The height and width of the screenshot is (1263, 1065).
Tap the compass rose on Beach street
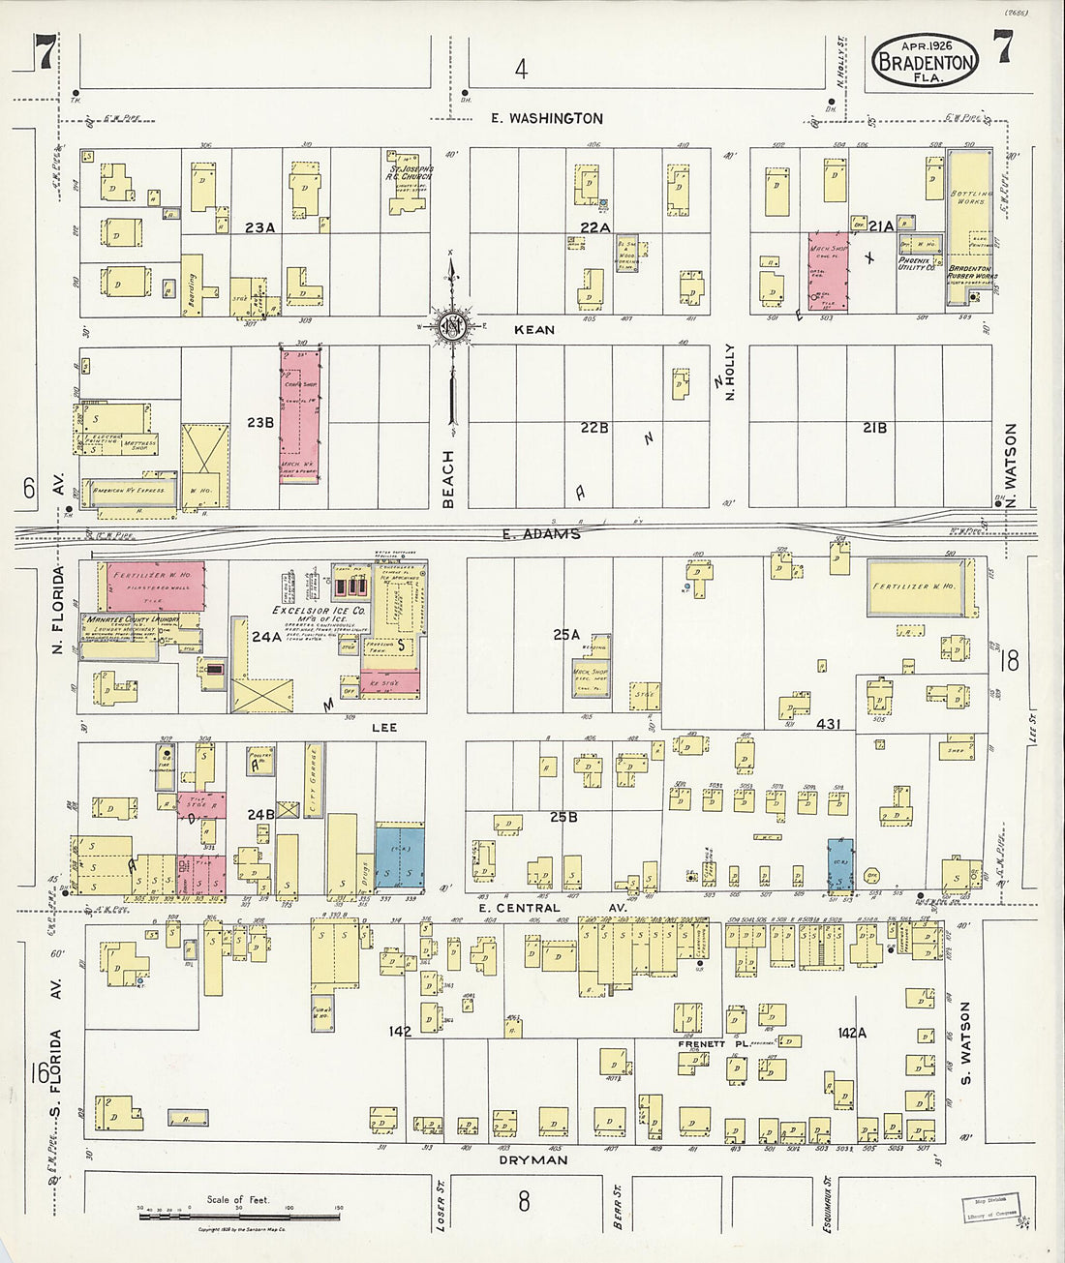[x=450, y=326]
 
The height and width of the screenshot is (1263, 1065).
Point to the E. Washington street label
[x=546, y=118]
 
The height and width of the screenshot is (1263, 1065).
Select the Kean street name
[x=534, y=330]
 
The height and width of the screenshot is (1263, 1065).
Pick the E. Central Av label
[x=532, y=908]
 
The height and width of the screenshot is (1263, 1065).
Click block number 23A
[x=259, y=227]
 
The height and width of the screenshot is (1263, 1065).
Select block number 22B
[x=593, y=427]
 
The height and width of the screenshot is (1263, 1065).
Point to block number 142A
[x=852, y=1033]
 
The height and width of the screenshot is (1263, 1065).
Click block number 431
[x=829, y=723]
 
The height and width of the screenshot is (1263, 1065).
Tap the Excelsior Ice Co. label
[x=306, y=612]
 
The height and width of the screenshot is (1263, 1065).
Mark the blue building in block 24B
[x=399, y=857]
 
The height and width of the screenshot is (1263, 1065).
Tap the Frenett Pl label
[x=702, y=1044]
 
